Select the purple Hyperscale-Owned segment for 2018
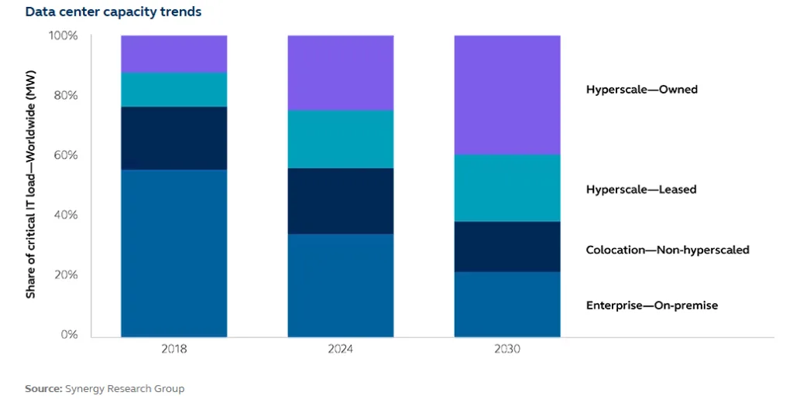point(174,53)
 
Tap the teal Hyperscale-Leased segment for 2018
point(174,89)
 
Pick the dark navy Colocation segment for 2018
point(174,138)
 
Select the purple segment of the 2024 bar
point(340,73)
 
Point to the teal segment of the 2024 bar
point(340,139)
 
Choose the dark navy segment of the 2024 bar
point(340,201)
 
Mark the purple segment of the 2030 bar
point(506,94)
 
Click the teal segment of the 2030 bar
point(506,188)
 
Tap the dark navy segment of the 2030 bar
point(506,247)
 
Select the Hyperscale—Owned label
point(641,90)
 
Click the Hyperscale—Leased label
point(640,189)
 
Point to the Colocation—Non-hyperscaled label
point(668,250)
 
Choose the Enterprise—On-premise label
point(651,305)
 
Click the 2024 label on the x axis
point(340,350)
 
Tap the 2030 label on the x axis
point(506,350)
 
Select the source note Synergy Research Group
point(105,388)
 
